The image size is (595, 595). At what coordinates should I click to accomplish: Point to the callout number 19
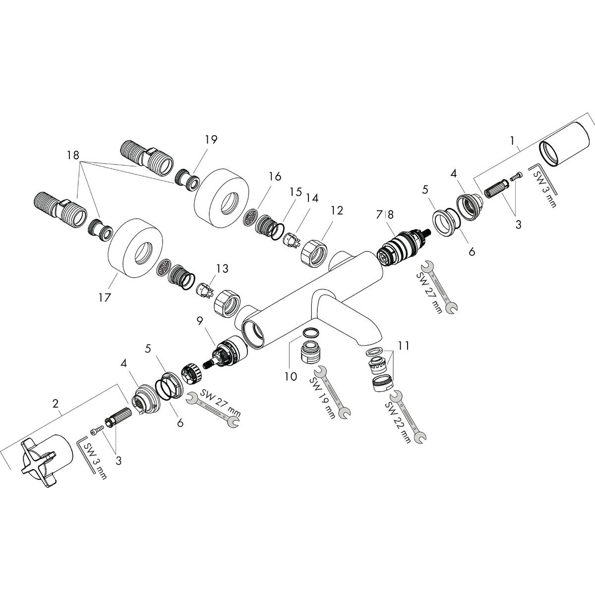[211, 139]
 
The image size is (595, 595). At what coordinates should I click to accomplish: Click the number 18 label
[72, 155]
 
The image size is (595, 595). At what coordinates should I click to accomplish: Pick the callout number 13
[222, 268]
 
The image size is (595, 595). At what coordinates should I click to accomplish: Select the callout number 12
[337, 210]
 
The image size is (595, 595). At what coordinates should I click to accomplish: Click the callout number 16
[275, 177]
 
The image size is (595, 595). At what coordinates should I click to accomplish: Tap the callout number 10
[291, 377]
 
